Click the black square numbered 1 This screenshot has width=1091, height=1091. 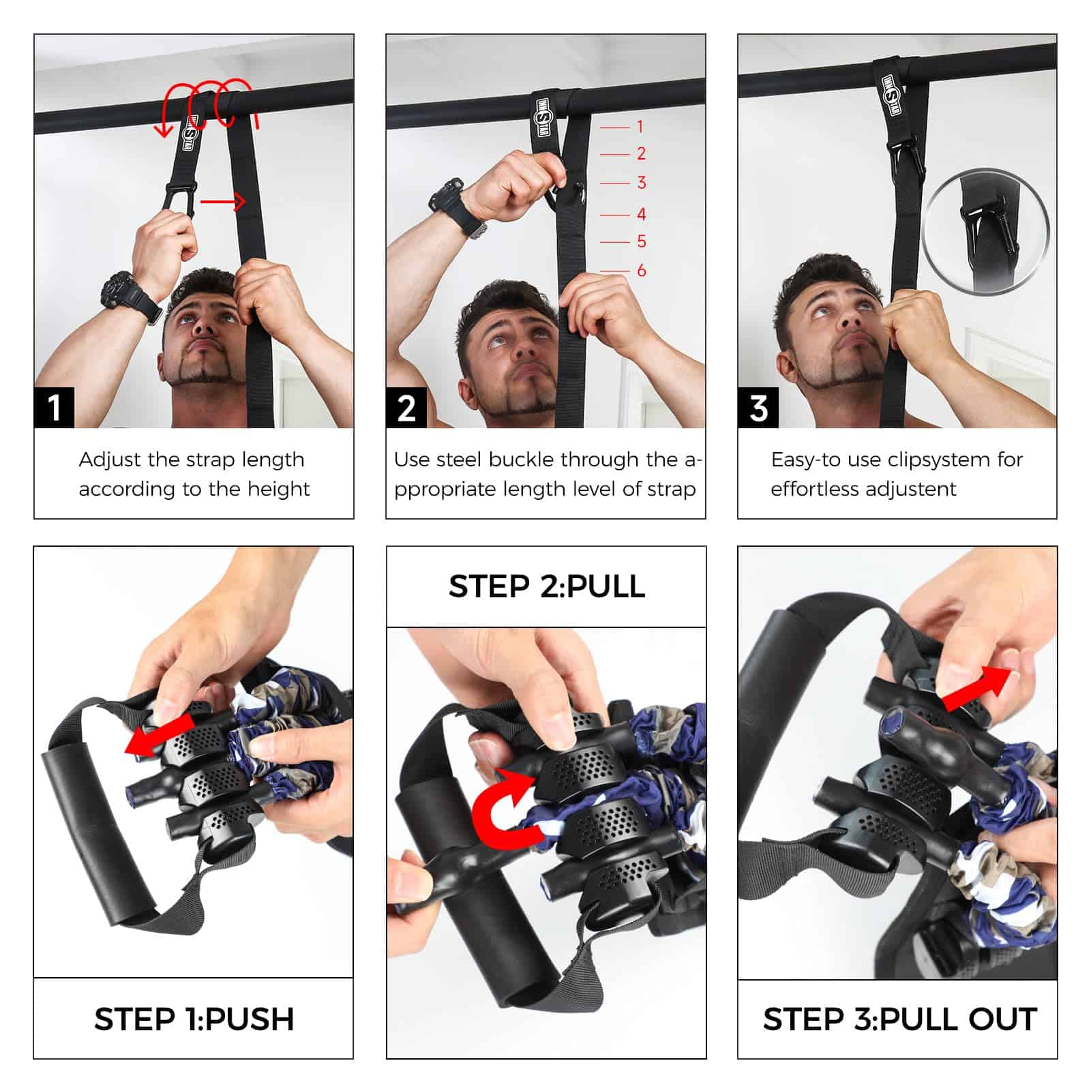click(54, 408)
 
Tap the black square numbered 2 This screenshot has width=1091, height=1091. click(406, 408)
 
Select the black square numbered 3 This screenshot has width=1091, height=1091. click(758, 408)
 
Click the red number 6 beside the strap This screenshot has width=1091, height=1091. click(641, 271)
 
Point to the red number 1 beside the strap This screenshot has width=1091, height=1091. click(640, 127)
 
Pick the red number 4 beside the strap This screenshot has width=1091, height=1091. click(641, 214)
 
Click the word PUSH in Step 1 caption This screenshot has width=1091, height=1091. click(250, 1019)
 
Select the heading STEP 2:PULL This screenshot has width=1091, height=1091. click(546, 586)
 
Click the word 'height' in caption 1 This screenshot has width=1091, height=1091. click(278, 489)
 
